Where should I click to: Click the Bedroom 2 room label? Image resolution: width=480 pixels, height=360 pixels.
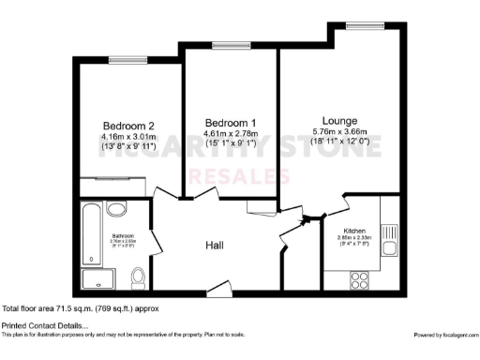pos(128,125)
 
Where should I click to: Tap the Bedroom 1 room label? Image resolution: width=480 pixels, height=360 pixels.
pos(231,124)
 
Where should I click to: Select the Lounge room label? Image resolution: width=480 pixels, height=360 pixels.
pos(339,120)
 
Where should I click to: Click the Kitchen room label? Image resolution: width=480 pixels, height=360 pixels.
pos(354,230)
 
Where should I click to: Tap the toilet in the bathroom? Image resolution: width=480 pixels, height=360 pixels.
pos(139,277)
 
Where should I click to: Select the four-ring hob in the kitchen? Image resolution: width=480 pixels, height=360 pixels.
pos(360,277)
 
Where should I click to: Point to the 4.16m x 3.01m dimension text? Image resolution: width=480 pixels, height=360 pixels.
pos(128,138)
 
